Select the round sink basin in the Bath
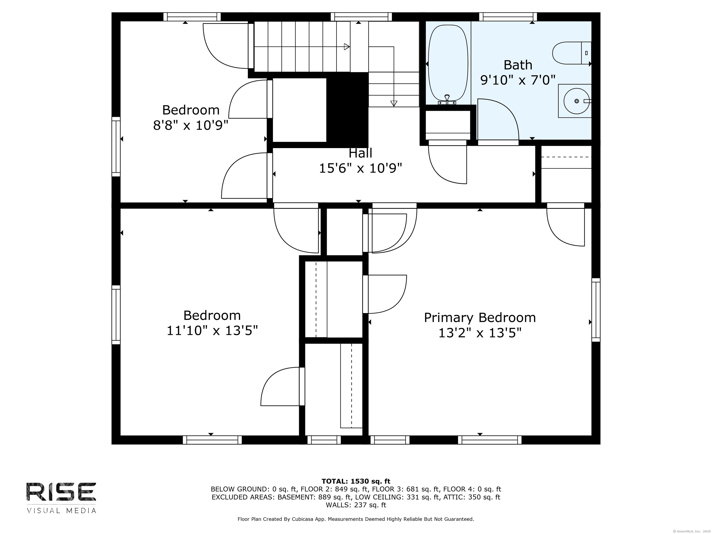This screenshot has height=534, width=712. tap(576, 101)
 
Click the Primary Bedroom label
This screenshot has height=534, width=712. tap(480, 318)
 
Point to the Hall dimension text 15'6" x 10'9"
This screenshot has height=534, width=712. tap(360, 168)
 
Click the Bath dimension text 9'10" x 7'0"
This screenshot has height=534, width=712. tap(518, 80)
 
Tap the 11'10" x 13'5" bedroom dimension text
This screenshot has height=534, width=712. tap(212, 330)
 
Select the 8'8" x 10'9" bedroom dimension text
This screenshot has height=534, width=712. tap(191, 125)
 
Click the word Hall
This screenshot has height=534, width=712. tap(360, 153)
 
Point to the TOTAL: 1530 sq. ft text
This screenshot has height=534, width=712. tap(356, 481)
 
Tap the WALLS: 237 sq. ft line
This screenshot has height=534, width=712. tap(356, 505)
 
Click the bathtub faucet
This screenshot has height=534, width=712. tap(447, 100)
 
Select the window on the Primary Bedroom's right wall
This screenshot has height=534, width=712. tap(596, 310)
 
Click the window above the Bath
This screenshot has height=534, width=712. tap(508, 17)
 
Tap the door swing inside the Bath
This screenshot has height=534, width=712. tap(498, 119)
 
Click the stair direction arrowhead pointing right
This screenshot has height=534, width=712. tap(347, 47)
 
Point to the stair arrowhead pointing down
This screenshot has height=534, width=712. tap(394, 103)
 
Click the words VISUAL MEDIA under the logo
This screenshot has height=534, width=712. tap(61, 511)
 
